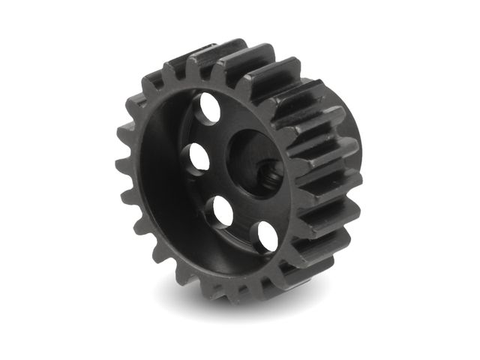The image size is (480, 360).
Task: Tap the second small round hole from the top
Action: [199, 157]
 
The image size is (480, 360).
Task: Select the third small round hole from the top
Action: [223, 211]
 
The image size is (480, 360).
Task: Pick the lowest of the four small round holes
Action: [267, 235]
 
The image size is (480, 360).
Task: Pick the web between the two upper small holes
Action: [202, 133]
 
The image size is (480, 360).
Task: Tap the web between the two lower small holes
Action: [244, 225]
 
